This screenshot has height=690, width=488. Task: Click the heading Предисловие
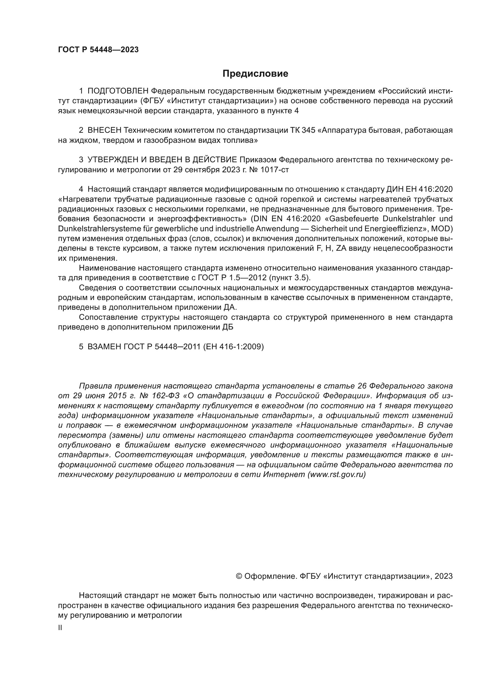point(255,74)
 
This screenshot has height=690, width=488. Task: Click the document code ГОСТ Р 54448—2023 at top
point(98,50)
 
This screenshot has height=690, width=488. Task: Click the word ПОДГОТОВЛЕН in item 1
point(118,91)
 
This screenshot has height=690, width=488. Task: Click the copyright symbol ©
point(239,576)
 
